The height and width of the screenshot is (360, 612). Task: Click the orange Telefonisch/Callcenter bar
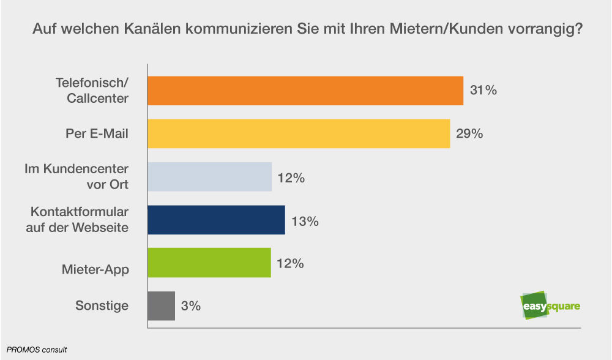point(305,91)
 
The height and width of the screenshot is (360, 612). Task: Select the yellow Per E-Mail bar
point(299,133)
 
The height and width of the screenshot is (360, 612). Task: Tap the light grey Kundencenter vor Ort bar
point(210,177)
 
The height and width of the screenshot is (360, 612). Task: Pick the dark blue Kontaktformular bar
point(217,220)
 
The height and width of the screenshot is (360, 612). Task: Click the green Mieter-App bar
point(209,263)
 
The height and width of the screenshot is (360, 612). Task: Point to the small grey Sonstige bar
point(162,306)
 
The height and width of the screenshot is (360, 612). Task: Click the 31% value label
point(483,91)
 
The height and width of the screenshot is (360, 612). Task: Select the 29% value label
point(469,133)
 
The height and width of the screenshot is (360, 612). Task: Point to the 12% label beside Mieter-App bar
point(291,264)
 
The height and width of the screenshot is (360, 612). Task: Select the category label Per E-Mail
point(97,133)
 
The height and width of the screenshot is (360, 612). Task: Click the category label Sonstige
point(102,306)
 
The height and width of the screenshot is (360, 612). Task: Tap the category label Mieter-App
point(95,269)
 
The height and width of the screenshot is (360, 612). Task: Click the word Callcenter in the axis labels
point(97,97)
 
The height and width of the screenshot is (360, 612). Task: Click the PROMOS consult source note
point(37,350)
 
